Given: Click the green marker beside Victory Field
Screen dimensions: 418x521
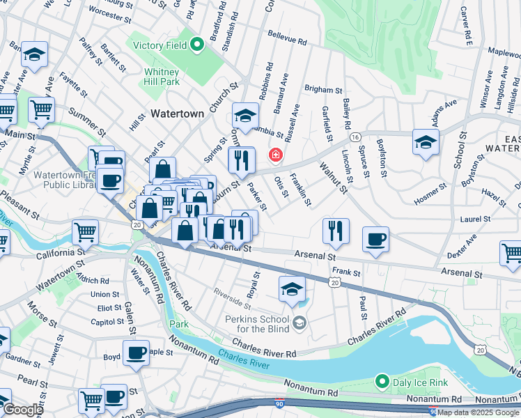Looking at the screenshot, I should click(x=197, y=46).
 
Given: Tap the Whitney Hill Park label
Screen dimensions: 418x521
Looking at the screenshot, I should click(x=162, y=76).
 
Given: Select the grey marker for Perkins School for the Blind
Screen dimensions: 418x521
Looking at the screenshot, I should click(x=299, y=321).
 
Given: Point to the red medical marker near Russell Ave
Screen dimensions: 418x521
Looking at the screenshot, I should click(x=276, y=154).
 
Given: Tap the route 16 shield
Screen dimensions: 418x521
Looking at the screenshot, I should click(x=355, y=137).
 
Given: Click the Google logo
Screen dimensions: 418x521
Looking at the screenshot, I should click(x=22, y=410).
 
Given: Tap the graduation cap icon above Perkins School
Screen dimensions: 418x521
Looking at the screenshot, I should click(x=293, y=289).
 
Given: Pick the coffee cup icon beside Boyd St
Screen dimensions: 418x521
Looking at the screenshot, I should click(x=137, y=353).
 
